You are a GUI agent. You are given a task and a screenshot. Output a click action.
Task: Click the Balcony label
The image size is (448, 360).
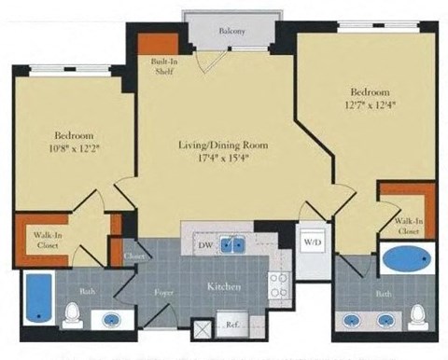[x=234, y=32]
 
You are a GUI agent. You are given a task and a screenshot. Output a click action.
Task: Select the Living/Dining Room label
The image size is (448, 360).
[x=221, y=145]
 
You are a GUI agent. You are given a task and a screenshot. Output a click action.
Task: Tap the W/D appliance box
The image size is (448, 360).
[x=311, y=241]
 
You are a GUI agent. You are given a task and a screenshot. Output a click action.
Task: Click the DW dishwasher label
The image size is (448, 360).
[x=205, y=244]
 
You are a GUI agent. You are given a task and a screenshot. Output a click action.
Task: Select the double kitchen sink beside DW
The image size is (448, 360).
[x=233, y=245]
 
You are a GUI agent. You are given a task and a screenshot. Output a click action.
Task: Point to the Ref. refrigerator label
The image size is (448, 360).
[x=231, y=325]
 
